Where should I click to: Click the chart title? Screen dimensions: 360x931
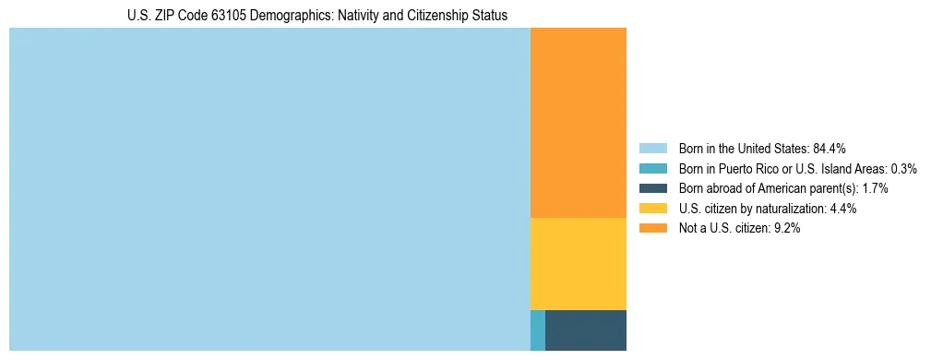coord(317,16)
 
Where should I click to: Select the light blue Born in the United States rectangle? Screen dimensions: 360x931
coord(269,189)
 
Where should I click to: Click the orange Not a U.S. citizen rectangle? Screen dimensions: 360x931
coord(579,123)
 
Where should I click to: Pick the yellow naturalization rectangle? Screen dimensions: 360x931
coord(579,263)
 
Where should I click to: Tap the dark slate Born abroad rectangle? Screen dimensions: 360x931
coord(586,330)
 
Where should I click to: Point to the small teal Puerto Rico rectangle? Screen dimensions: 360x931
coord(538,330)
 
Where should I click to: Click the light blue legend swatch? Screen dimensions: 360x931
coord(652,148)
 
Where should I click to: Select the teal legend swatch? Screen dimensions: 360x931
coord(652,168)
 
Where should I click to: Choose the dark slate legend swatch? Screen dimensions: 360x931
coord(652,188)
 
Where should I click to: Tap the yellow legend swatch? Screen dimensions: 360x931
coord(652,209)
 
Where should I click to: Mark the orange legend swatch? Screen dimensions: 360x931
coord(652,229)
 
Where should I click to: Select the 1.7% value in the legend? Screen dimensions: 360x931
coord(875,188)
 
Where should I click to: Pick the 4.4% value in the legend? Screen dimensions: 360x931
coord(843,209)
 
